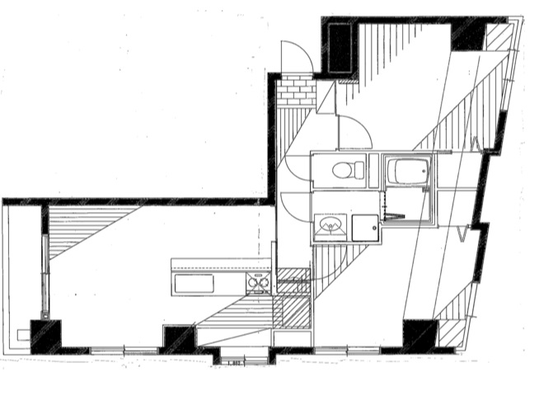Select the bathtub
409,172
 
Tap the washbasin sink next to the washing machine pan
331,225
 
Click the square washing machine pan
364,227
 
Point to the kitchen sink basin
194,284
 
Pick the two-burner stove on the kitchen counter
259,285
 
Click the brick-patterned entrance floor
296,92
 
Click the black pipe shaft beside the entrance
339,48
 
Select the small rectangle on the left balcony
22,335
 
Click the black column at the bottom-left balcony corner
46,335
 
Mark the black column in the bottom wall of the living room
177,338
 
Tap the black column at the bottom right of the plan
419,333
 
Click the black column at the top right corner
467,34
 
